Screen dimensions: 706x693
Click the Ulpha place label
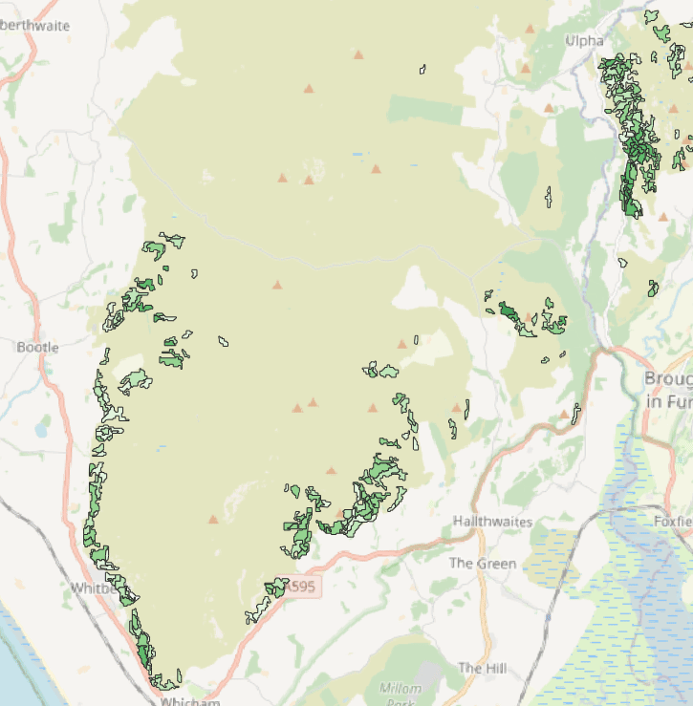584,41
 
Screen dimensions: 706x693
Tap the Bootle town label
37,347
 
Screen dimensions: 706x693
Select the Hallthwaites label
492,522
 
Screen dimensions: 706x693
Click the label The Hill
482,668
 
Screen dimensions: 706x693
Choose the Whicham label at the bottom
191,701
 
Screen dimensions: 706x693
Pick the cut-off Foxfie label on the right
672,521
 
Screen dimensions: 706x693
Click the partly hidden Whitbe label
93,588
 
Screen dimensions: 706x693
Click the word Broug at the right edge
669,377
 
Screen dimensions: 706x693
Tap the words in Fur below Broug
668,402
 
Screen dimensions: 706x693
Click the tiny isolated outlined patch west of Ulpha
422,69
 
